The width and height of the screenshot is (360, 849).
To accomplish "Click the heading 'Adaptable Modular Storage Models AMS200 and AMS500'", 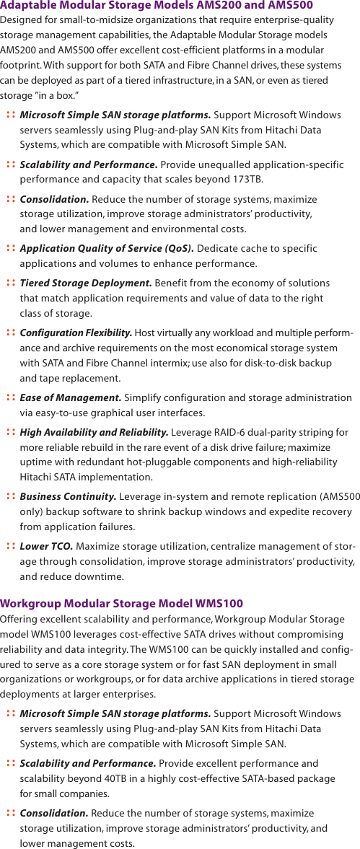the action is coord(157,6).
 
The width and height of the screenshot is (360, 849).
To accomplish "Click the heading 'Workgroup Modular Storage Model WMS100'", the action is coord(122,603).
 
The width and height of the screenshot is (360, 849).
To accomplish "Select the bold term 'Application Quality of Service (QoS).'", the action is coord(106,249).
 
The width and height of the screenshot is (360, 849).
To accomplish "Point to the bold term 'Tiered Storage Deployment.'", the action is coord(86,283).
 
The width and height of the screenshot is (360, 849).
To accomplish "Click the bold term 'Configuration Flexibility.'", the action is coord(76,333).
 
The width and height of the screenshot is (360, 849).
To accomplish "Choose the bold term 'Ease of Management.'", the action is coord(71,397).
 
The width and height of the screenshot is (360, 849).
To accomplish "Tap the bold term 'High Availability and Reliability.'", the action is coord(95,432).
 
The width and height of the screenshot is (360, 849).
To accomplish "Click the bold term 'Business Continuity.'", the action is coord(68,496).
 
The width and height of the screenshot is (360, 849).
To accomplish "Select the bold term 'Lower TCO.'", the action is coord(46,546).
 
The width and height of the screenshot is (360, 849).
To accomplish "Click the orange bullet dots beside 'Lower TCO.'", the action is coord(11,546).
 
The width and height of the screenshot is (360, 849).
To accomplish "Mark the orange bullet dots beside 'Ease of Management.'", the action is coord(11,397).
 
